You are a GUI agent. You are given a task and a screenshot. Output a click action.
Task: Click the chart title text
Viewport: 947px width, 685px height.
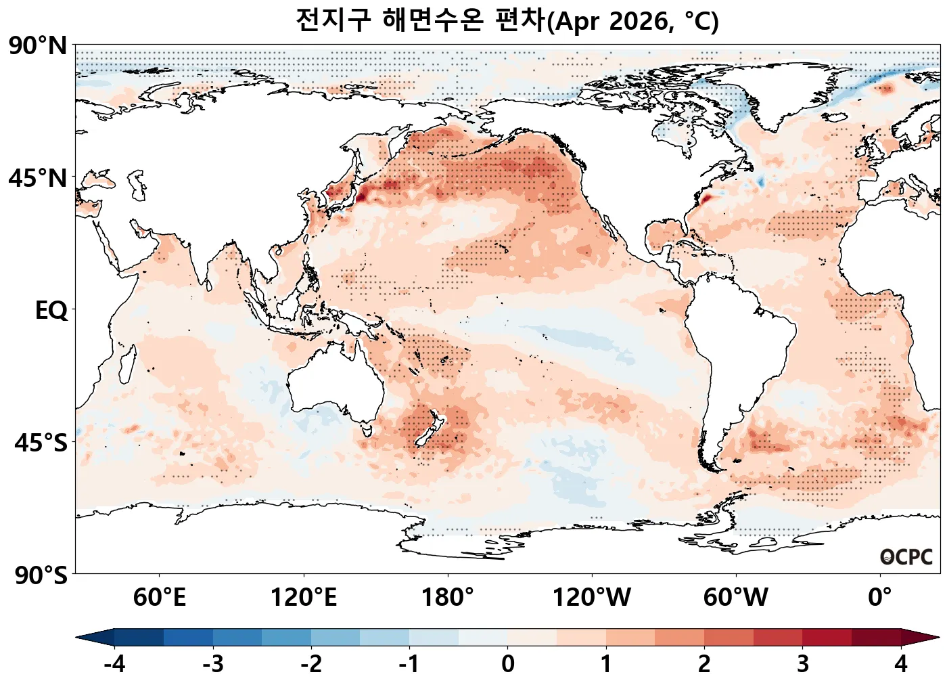507,21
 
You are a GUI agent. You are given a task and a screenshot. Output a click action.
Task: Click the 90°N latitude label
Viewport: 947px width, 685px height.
39,46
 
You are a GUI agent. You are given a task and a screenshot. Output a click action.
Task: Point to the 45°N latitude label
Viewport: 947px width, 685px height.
39,179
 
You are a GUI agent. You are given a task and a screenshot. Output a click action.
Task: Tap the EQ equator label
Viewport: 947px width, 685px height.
51,311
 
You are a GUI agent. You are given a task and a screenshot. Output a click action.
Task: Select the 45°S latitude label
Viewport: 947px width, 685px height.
41,443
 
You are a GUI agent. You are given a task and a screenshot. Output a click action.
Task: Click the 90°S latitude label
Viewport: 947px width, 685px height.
41,575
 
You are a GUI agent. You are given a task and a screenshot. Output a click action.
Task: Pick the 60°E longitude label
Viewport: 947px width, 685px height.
160,598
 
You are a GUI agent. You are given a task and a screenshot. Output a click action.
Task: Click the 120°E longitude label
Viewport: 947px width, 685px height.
304,598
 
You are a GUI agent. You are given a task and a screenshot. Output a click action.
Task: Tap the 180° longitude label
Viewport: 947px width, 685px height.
448,598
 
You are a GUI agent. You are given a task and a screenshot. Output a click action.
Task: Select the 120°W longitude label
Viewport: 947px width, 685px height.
592,598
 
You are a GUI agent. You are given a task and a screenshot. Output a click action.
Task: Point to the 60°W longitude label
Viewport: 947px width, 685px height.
736,598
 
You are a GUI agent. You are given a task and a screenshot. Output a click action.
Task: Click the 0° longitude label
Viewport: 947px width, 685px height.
880,598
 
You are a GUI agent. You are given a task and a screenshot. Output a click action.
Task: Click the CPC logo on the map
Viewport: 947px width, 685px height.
906,557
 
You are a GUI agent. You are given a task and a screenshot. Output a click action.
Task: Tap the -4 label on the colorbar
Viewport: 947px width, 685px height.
114,664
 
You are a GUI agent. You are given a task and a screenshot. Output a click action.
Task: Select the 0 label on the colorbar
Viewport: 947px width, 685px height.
508,664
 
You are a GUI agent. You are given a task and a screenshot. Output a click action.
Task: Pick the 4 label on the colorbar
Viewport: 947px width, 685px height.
901,664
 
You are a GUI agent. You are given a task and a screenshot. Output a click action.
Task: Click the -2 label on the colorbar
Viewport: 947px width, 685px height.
311,664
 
